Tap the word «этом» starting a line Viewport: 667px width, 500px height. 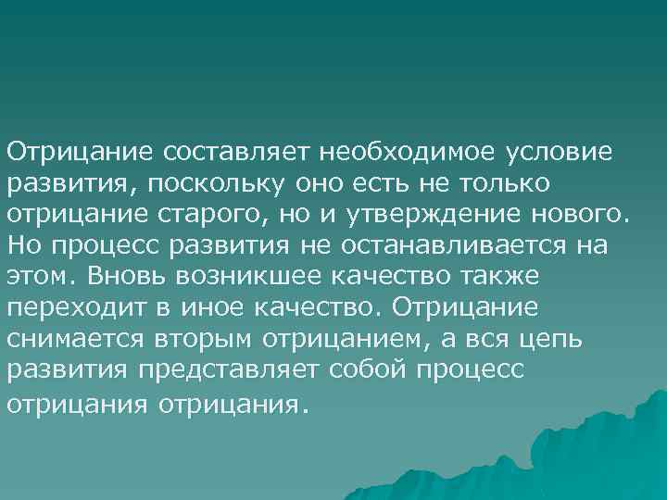point(35,277)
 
